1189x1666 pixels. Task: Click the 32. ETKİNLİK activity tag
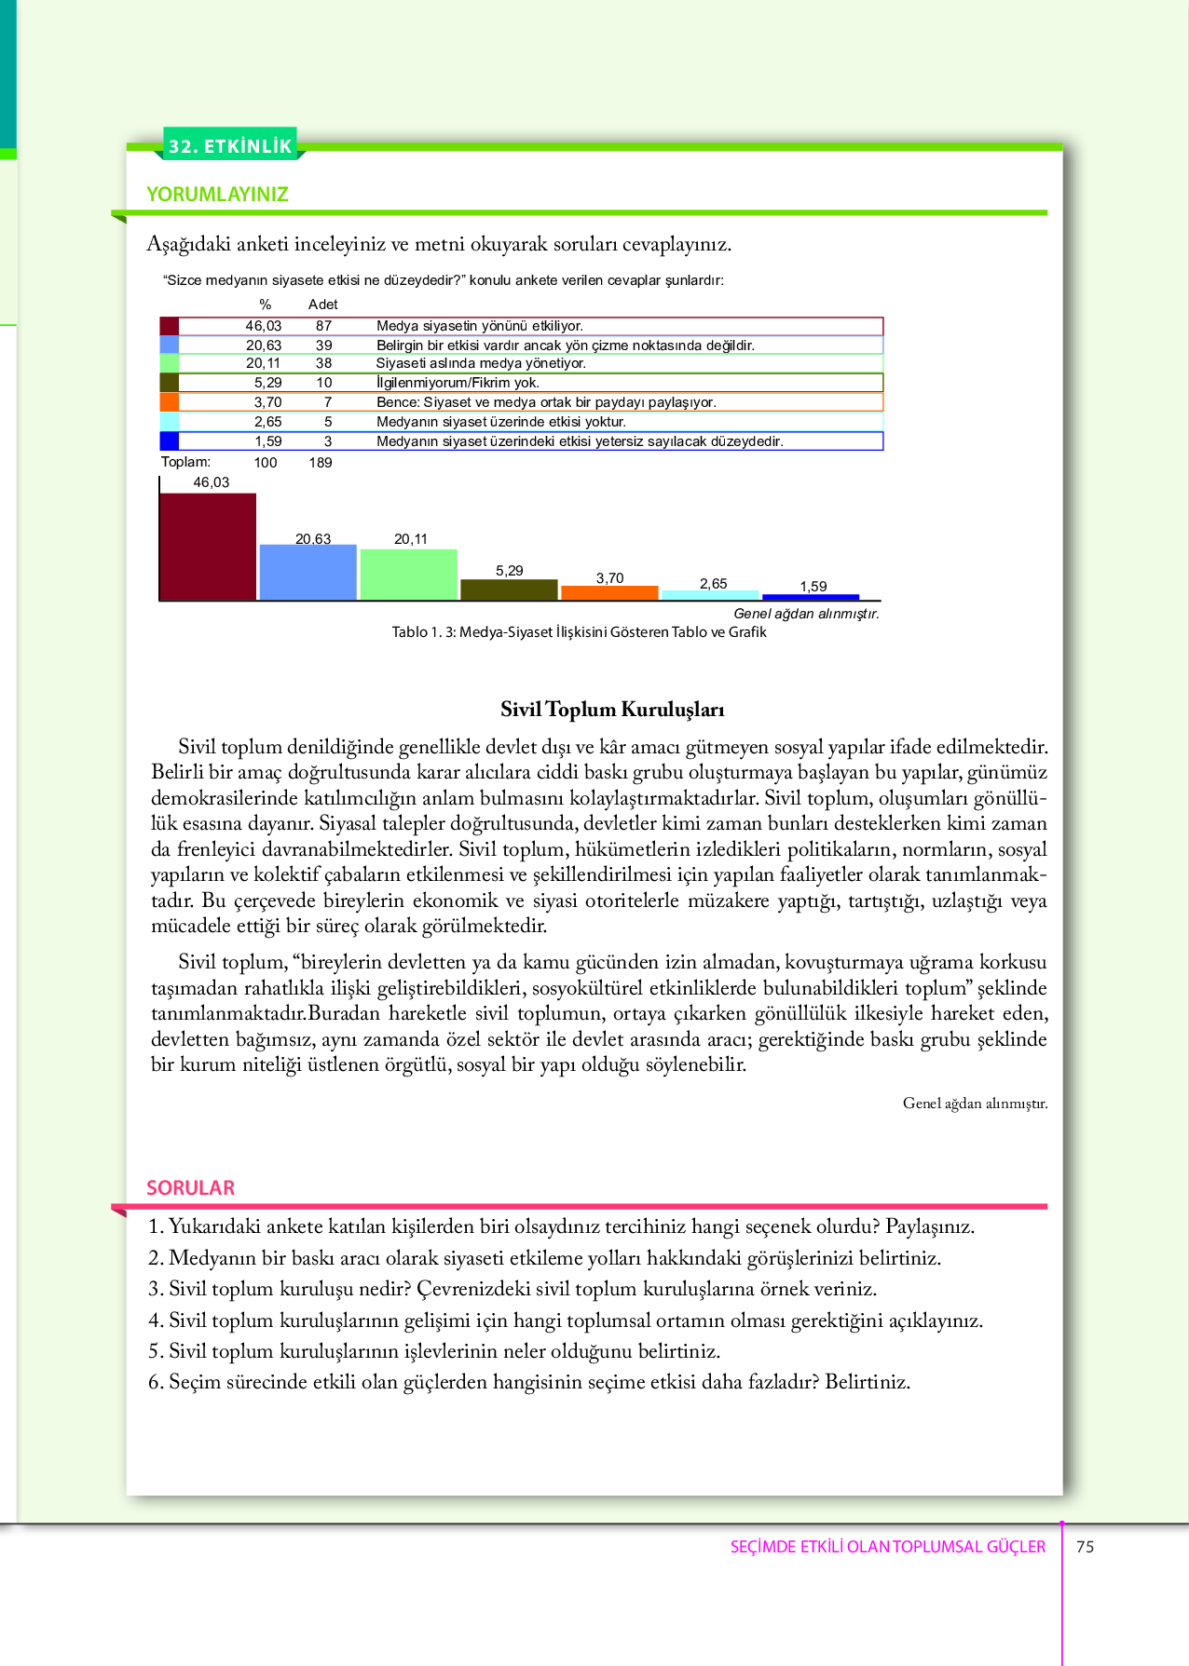(230, 145)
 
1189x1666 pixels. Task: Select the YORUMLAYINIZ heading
(217, 194)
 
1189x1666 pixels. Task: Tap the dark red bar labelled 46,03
(208, 547)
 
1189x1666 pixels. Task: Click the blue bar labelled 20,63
(307, 572)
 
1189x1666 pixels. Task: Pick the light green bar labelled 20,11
(408, 575)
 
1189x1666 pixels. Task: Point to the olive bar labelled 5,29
(509, 589)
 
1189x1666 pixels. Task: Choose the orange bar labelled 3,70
(609, 592)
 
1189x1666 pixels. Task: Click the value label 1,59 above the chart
(813, 586)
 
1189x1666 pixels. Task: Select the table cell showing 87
(323, 326)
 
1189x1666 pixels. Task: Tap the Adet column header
(322, 305)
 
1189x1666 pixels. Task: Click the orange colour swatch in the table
(169, 402)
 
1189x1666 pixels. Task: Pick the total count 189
(321, 463)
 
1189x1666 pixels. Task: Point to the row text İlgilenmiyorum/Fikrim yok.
(458, 383)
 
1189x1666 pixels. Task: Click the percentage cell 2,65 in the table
(267, 422)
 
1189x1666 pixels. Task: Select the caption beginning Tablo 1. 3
(579, 632)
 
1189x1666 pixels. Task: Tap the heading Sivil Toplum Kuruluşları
(612, 710)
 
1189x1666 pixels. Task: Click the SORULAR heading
(190, 1187)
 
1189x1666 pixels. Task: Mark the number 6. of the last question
(156, 1382)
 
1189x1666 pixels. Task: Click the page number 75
(1085, 1547)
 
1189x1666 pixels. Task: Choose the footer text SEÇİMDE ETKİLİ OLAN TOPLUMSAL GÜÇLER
(887, 1547)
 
